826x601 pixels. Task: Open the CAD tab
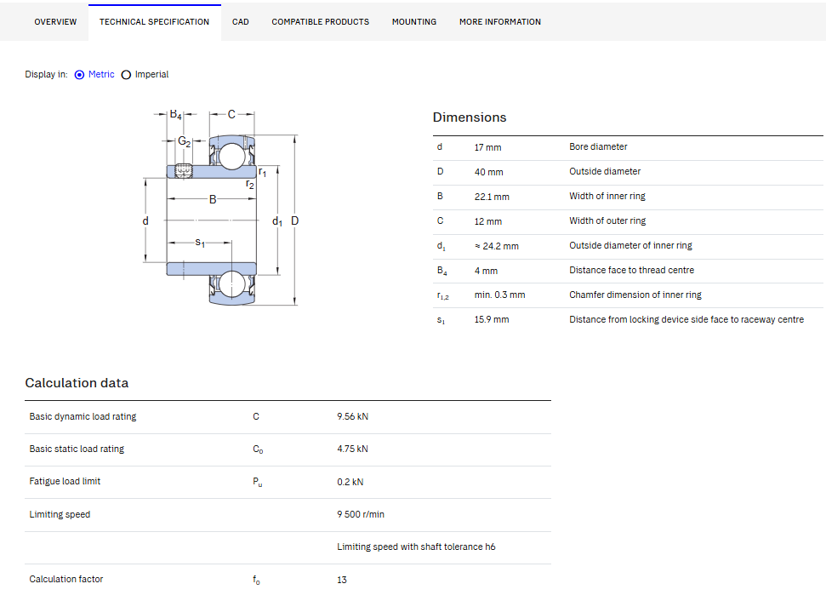coord(240,21)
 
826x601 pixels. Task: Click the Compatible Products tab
coord(321,21)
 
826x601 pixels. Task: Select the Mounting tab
coord(414,21)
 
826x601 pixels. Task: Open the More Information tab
coord(500,21)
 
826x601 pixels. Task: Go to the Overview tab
coord(55,21)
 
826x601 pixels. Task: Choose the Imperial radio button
coord(126,75)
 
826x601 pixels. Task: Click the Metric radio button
coord(80,75)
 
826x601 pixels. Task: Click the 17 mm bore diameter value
coord(487,147)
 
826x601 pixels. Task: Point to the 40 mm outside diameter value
coord(489,172)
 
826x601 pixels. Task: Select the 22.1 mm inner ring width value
coord(492,197)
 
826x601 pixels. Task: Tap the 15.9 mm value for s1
coord(492,319)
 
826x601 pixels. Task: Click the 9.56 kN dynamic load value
coord(352,416)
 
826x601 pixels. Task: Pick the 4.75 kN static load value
coord(352,449)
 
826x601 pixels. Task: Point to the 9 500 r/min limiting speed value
coord(361,514)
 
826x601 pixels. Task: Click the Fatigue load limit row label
coord(65,481)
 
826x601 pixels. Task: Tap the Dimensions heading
coord(470,117)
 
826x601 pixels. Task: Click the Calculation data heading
coord(77,383)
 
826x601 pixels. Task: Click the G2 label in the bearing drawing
coord(185,141)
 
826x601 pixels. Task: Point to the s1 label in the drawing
coord(200,243)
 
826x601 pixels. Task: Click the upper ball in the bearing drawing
coord(231,157)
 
